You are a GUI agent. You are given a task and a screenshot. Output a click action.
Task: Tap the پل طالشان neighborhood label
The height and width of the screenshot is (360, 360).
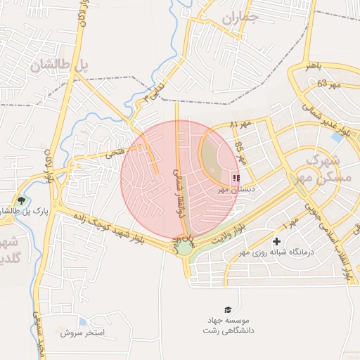[x=60, y=64]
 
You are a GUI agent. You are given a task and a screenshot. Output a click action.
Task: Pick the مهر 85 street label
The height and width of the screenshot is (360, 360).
[x=239, y=150]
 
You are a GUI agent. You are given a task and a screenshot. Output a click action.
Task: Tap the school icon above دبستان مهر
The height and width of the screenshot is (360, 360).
[x=236, y=179]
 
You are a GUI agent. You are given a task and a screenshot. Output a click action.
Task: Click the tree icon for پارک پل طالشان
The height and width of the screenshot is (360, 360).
[x=20, y=201]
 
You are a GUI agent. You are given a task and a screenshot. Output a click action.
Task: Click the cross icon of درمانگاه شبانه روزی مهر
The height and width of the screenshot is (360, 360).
[x=276, y=241]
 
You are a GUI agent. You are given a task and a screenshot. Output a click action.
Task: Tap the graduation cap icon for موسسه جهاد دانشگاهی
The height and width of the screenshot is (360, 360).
[x=227, y=309]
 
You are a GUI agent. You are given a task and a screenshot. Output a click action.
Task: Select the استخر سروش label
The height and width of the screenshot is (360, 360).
[x=103, y=332]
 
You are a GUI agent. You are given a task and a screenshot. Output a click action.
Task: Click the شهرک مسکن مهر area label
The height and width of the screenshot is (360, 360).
[x=324, y=170]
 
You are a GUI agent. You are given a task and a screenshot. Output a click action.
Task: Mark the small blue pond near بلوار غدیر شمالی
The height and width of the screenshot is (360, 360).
[x=337, y=138]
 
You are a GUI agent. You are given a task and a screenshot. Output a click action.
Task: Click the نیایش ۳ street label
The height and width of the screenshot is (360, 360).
[x=153, y=93]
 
